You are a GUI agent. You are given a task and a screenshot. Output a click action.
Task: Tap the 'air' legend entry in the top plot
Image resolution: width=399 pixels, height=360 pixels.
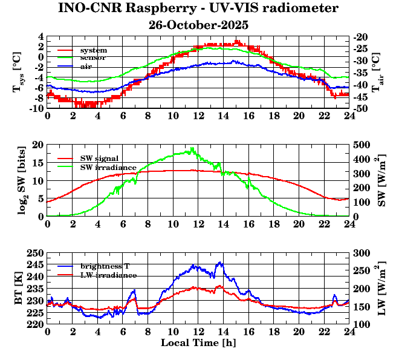click(86, 65)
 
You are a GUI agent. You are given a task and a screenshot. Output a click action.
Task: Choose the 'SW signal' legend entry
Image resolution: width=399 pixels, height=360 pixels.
click(100, 159)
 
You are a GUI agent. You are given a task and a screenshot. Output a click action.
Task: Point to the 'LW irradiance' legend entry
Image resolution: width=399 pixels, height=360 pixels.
click(108, 275)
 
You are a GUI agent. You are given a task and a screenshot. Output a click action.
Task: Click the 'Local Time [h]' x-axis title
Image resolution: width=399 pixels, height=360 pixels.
click(198, 342)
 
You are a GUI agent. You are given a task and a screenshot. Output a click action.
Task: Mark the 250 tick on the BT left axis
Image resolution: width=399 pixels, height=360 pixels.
click(35, 253)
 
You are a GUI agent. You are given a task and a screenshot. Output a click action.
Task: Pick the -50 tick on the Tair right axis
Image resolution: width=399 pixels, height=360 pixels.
click(363, 109)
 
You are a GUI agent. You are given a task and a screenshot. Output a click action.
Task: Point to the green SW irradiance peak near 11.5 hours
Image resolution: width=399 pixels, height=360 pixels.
click(192, 148)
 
